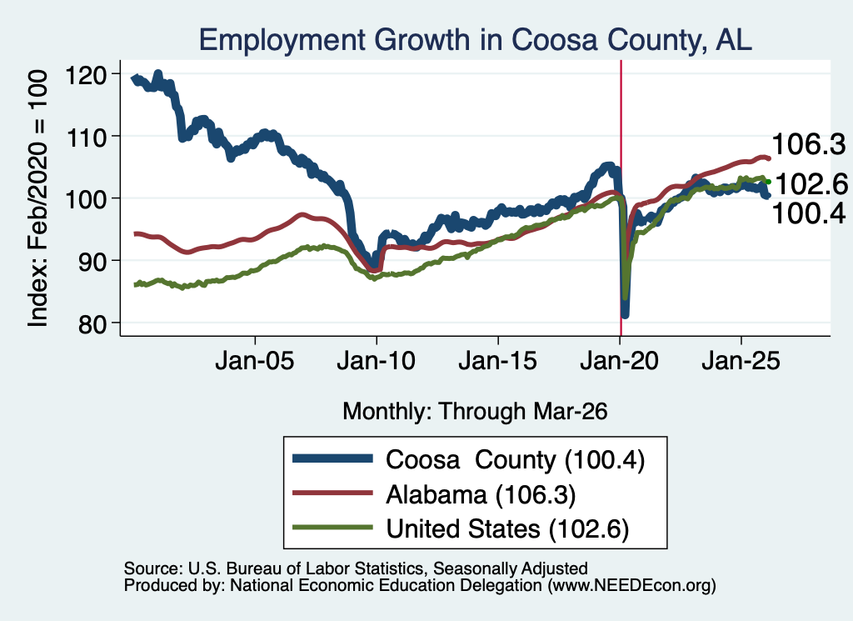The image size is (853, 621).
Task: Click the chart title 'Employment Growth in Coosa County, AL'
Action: tap(476, 40)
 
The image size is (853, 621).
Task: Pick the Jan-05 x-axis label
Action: tap(255, 361)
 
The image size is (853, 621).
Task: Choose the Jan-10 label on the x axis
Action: tap(376, 361)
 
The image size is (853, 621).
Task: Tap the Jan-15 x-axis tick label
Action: tap(498, 361)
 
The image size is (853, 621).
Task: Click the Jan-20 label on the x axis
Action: tap(619, 361)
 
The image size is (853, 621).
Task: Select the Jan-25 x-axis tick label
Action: tap(741, 361)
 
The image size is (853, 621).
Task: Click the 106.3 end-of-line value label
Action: tap(809, 145)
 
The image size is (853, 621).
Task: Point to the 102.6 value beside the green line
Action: tap(811, 184)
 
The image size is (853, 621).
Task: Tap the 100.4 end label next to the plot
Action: tap(809, 213)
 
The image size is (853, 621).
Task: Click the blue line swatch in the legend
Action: tap(332, 458)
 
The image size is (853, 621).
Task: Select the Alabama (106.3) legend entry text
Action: tap(481, 494)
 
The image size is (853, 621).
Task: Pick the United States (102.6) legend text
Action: tap(507, 528)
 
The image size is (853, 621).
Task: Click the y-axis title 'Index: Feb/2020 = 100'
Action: tap(37, 198)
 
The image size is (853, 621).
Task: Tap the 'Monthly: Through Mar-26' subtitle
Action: tap(475, 411)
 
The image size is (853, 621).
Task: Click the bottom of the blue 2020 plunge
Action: tap(625, 314)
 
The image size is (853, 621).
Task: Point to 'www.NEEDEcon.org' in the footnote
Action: tap(631, 585)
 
